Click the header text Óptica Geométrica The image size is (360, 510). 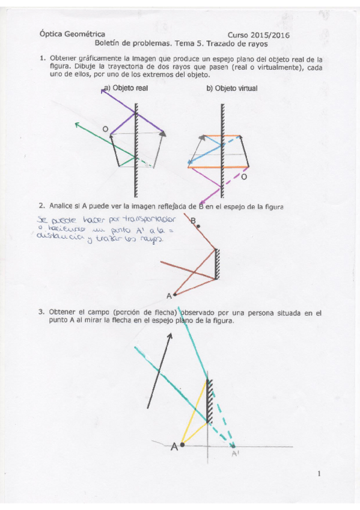pos(72,34)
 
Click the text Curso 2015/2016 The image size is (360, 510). pos(258,35)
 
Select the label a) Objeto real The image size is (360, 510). pos(126,88)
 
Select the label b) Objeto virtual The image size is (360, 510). pos(231,88)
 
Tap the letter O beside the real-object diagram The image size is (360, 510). pos(105,129)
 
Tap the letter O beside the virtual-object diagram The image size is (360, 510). pos(243,178)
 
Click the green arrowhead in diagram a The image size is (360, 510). pos(76,124)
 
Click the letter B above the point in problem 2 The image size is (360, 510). pos(194,221)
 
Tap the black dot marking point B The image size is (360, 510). pos(199,227)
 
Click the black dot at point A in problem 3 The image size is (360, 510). pos(182,445)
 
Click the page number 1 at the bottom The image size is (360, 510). pos(319,474)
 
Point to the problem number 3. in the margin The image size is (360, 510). pos(42,313)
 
